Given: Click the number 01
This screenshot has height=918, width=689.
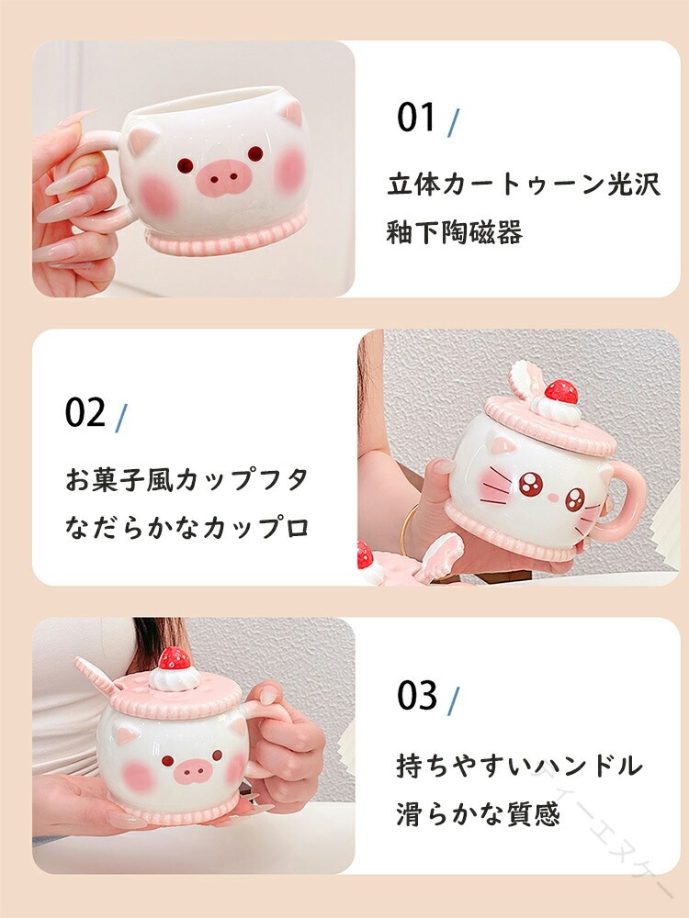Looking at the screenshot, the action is pyautogui.click(x=416, y=118).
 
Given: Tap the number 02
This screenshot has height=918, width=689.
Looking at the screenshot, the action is pyautogui.click(x=85, y=412).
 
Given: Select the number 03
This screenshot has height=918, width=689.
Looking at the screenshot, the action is pyautogui.click(x=416, y=696).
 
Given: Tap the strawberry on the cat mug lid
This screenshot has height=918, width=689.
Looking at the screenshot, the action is pyautogui.click(x=560, y=391).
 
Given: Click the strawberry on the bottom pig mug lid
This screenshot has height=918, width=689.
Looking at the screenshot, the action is pyautogui.click(x=175, y=658).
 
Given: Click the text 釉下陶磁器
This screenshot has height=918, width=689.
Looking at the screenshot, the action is pyautogui.click(x=454, y=232).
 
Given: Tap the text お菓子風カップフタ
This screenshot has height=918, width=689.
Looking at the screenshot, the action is pyautogui.click(x=186, y=480).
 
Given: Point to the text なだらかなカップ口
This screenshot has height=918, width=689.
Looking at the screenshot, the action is pyautogui.click(x=186, y=528).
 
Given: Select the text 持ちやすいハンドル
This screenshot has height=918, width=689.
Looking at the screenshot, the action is pyautogui.click(x=519, y=766).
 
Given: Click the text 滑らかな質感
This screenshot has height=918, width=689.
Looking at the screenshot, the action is pyautogui.click(x=478, y=813).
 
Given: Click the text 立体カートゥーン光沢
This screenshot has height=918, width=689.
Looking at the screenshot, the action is pyautogui.click(x=524, y=185).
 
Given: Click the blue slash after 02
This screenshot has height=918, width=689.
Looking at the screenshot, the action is pyautogui.click(x=120, y=418).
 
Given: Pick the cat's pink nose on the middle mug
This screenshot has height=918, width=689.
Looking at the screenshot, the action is pyautogui.click(x=550, y=498).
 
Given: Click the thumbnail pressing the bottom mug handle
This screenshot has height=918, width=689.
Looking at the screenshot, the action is pyautogui.click(x=269, y=695).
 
